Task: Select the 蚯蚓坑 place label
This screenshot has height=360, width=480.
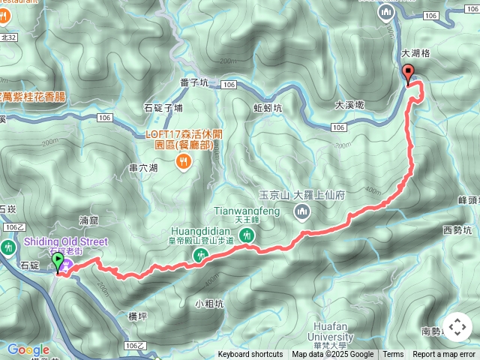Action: pos(268,108)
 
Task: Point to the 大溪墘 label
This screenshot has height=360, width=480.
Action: pos(349,105)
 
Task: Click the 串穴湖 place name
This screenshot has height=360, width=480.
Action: pos(143,167)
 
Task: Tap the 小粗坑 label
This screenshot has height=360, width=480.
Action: pos(208,304)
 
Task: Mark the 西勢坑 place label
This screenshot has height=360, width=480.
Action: pos(458,230)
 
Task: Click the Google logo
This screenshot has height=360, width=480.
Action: pos(28,349)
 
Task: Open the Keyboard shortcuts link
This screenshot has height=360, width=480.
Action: pos(250,355)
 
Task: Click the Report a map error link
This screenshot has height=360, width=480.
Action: pos(444,355)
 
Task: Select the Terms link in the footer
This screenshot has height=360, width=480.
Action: pos(393,355)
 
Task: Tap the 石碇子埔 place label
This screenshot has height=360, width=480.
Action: pos(163,108)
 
